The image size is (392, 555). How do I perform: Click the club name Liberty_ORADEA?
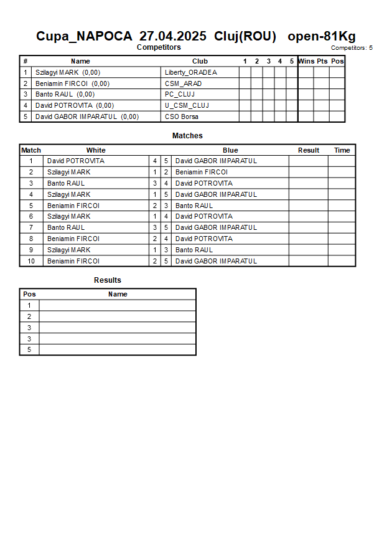click(x=191, y=72)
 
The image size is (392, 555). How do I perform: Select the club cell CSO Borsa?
click(x=182, y=116)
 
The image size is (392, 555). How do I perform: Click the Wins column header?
click(x=306, y=61)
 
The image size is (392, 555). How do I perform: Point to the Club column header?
click(x=200, y=61)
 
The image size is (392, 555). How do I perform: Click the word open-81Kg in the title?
click(x=322, y=36)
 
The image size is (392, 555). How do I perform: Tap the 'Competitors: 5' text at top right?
click(x=352, y=47)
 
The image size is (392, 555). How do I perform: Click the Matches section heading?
click(x=187, y=135)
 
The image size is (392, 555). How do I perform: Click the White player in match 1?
click(x=76, y=161)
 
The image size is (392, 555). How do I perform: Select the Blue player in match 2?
click(x=202, y=172)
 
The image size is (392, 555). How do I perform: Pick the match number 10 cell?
click(x=31, y=261)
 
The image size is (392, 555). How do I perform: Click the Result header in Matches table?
click(x=309, y=150)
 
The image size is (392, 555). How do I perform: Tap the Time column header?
click(x=342, y=150)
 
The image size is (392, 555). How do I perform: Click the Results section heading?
click(x=108, y=280)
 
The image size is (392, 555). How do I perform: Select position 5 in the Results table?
click(x=29, y=349)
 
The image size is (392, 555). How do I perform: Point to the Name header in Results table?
click(x=118, y=294)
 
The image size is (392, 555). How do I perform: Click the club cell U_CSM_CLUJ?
click(x=187, y=105)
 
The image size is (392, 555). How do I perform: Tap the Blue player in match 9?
click(x=194, y=250)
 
